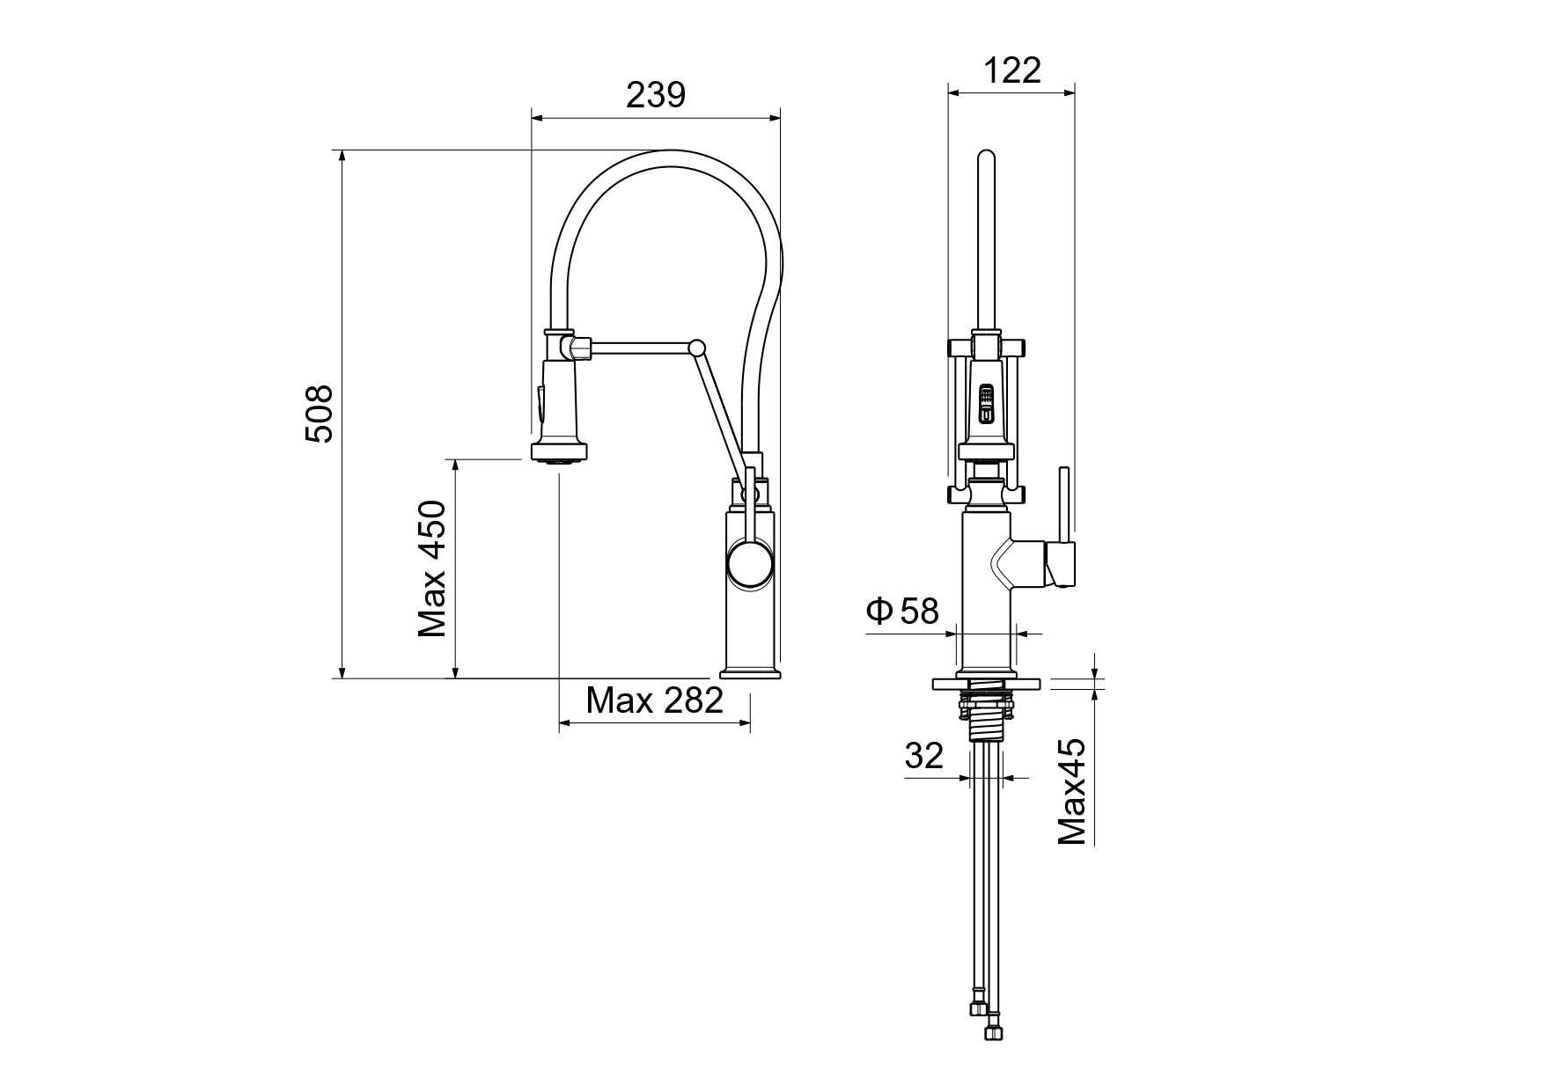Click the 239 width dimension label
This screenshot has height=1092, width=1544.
tap(655, 94)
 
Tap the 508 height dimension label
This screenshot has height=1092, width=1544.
tap(319, 414)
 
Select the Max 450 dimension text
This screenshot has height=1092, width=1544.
tap(432, 568)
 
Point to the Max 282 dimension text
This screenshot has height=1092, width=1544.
tap(654, 700)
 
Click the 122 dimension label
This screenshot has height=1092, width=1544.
tap(1011, 70)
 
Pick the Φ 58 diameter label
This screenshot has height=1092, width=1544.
tap(903, 610)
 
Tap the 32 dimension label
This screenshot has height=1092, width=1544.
tap(923, 755)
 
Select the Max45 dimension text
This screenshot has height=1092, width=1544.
tap(1071, 792)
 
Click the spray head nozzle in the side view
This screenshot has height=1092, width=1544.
tap(558, 454)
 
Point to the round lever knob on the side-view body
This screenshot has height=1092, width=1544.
tap(750, 565)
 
